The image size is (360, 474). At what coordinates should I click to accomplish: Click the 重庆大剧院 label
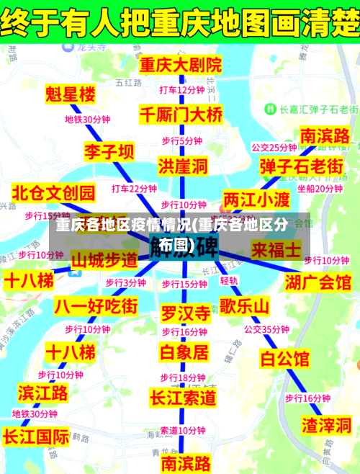[181, 65]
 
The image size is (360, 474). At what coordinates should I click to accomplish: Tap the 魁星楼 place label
[70, 94]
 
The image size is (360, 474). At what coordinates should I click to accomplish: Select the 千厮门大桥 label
[181, 114]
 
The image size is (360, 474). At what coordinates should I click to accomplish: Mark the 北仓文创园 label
[54, 192]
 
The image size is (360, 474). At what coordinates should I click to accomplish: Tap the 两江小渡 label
[256, 197]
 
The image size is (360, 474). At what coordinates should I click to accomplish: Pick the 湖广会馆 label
[318, 280]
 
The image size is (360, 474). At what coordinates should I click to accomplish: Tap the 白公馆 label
[284, 357]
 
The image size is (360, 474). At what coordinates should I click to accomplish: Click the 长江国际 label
[36, 437]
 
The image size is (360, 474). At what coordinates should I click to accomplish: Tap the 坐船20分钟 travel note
[320, 189]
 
